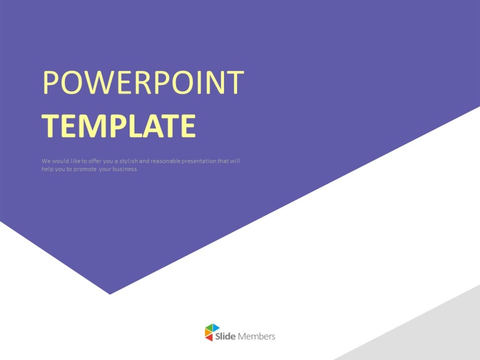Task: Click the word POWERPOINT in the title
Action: click(143, 83)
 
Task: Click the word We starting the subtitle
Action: click(46, 161)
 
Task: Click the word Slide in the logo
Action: click(226, 336)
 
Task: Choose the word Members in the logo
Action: click(257, 336)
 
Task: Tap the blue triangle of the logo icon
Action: click(215, 328)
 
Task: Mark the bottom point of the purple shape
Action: click(110, 293)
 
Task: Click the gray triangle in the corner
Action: click(437, 335)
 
